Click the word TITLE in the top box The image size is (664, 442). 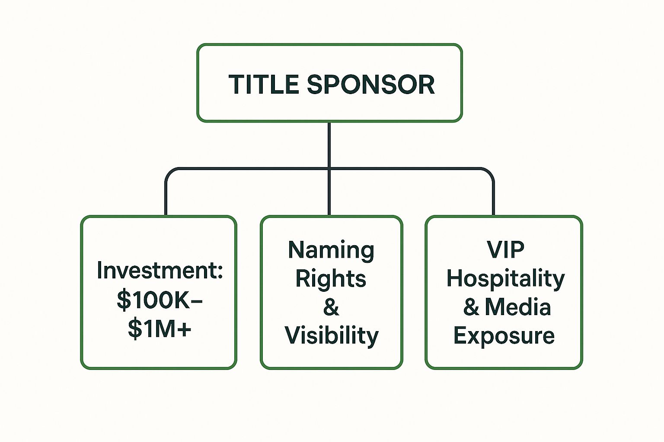[264, 84]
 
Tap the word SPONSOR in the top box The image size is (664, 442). [370, 84]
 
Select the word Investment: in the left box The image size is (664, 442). [160, 270]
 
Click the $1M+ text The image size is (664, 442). [160, 329]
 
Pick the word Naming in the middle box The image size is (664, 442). [331, 250]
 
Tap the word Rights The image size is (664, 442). [331, 279]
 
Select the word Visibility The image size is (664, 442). [332, 336]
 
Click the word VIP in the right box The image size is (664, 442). [505, 249]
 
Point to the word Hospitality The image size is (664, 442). [505, 279]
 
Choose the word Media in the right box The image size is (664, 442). [518, 307]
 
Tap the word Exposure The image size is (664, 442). [504, 335]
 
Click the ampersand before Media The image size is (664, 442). [471, 307]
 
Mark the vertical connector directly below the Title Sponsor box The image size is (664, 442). [329, 145]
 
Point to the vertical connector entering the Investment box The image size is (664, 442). [166, 199]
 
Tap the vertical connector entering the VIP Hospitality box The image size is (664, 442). [493, 199]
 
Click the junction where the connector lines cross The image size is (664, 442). [329, 169]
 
